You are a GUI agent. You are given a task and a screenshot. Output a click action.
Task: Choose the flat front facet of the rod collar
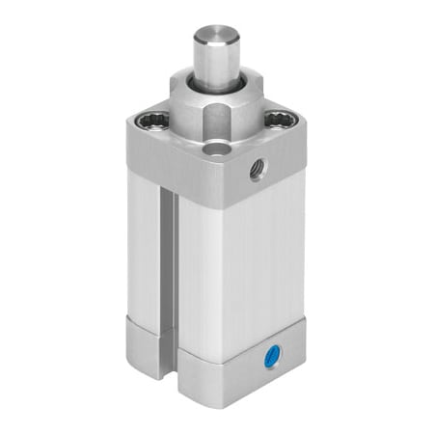point(217,123)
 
